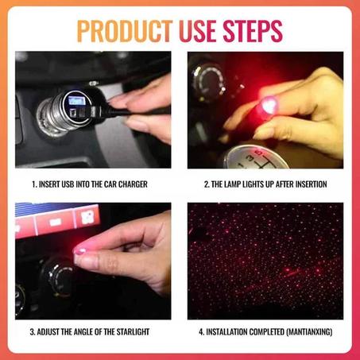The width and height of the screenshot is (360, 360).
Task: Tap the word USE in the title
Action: (203, 31)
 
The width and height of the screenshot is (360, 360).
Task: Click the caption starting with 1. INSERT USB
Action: (89, 184)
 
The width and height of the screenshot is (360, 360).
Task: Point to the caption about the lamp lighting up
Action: (265, 184)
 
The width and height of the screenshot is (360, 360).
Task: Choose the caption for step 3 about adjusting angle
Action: (90, 331)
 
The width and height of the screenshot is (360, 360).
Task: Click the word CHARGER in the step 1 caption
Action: (132, 184)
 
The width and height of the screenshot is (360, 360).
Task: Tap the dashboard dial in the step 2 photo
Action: (206, 79)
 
